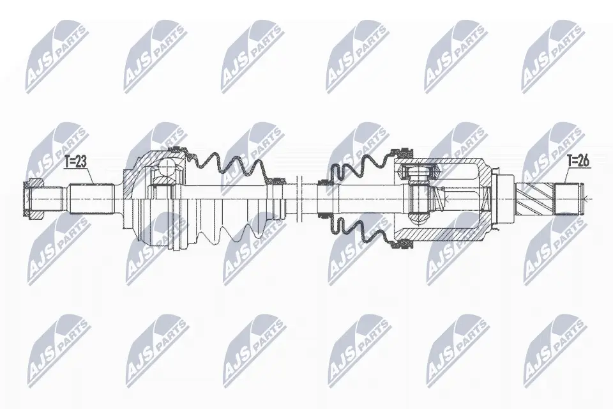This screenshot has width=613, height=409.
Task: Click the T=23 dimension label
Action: tap(75, 162)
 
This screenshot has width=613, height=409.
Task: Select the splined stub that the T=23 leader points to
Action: tap(92, 199)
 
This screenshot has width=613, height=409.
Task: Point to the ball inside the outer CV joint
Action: tap(167, 169)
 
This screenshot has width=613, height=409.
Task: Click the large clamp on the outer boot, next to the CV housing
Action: tap(178, 150)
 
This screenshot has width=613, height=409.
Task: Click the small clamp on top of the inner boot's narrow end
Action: tap(324, 182)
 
